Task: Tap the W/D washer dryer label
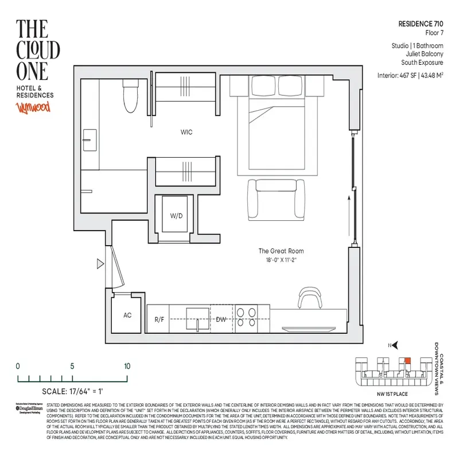pyautogui.click(x=176, y=216)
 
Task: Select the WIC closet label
pyautogui.click(x=186, y=133)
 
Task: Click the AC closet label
pyautogui.click(x=129, y=316)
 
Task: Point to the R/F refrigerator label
pyautogui.click(x=160, y=320)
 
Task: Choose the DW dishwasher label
pyautogui.click(x=221, y=320)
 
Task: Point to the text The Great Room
pyautogui.click(x=281, y=251)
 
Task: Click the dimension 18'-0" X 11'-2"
pyautogui.click(x=281, y=259)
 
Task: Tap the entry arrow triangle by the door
pyautogui.click(x=100, y=264)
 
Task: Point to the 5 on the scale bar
pyautogui.click(x=72, y=366)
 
